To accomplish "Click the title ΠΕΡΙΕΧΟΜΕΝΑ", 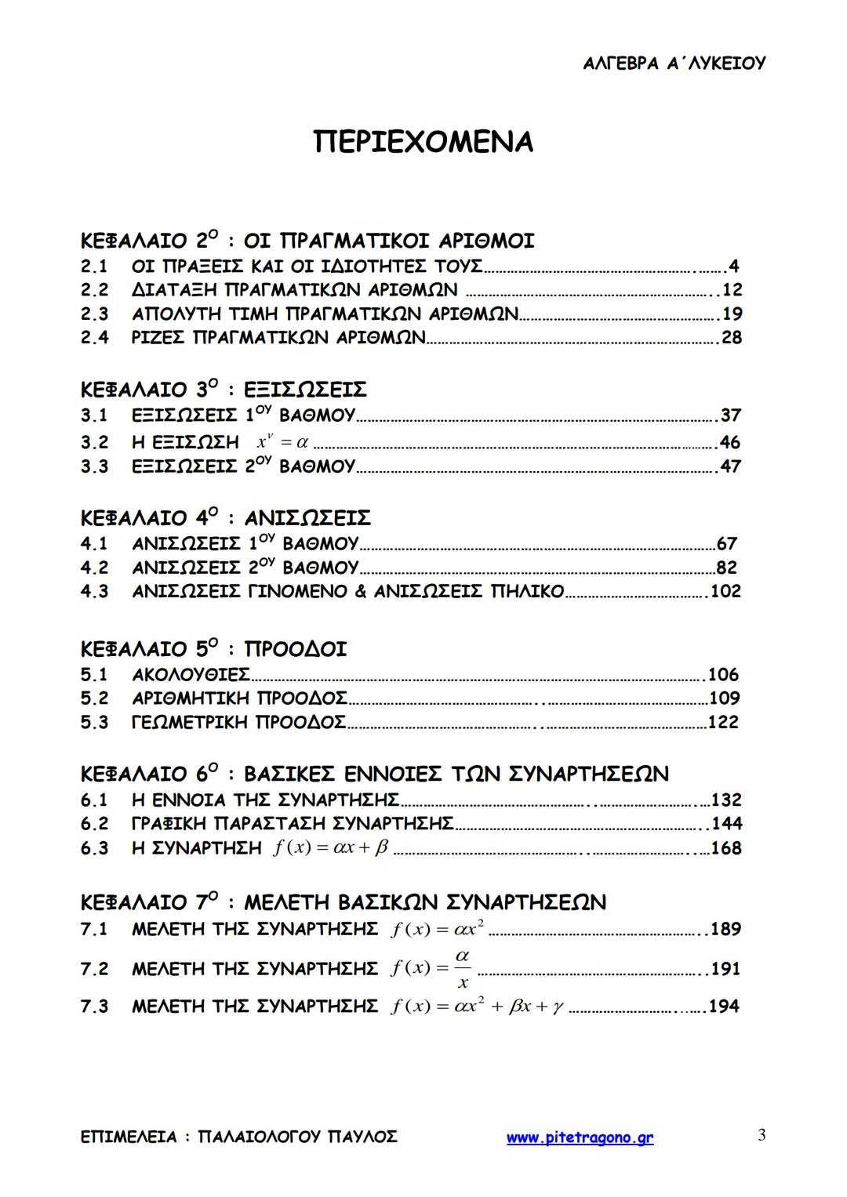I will [x=423, y=142].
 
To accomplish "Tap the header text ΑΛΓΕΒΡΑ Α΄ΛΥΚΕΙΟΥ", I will [x=674, y=63].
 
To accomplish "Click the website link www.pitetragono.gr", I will [x=580, y=1137].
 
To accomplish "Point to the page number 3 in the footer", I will [x=762, y=1135].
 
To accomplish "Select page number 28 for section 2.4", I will [x=731, y=338].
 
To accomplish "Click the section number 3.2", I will [x=94, y=442].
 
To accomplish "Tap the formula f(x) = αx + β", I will [x=331, y=847].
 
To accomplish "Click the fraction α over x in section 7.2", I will [x=463, y=969].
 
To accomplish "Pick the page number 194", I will [x=724, y=1007].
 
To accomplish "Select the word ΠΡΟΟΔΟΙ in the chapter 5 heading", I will [x=295, y=649].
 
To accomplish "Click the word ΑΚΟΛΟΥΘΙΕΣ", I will [x=191, y=675].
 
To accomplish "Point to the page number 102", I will [x=725, y=591].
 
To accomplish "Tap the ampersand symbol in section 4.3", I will [x=360, y=591].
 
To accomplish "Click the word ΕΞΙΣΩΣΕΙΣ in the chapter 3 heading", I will [x=305, y=390].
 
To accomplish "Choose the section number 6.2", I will [x=94, y=824].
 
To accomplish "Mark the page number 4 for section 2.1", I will [x=734, y=267].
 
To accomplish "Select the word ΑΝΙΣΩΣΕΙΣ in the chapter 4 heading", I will [x=307, y=518].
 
